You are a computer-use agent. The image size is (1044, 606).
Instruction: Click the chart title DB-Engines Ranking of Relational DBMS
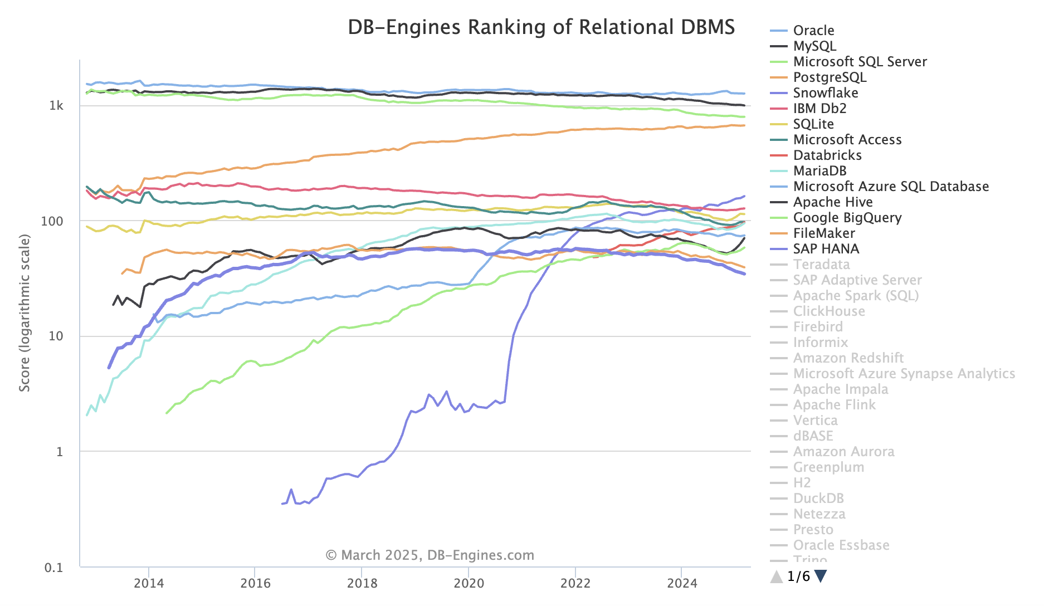[x=541, y=27]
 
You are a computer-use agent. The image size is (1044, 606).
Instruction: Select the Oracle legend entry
[x=813, y=31]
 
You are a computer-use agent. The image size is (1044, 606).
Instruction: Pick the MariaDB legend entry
[x=819, y=171]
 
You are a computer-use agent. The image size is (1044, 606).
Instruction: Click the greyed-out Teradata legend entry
[x=821, y=265]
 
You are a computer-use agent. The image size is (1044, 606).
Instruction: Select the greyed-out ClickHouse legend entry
[x=829, y=311]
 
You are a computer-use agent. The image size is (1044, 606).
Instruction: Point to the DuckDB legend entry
[x=818, y=499]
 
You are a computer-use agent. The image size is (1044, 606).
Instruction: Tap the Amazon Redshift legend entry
[x=848, y=358]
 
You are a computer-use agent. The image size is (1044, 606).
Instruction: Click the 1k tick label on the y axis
[x=56, y=106]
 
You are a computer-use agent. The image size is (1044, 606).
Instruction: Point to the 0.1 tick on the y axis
[x=54, y=568]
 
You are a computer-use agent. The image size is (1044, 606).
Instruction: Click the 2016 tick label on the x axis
[x=255, y=583]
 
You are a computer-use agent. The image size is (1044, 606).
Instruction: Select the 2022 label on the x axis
[x=575, y=583]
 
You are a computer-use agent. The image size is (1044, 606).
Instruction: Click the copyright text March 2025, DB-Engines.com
[x=430, y=555]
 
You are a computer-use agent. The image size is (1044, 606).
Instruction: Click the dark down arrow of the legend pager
[x=821, y=576]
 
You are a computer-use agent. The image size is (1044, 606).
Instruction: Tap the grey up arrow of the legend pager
[x=777, y=576]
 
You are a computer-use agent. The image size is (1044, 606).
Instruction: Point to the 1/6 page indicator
[x=798, y=576]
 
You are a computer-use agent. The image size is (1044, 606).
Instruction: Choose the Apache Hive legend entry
[x=832, y=202]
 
